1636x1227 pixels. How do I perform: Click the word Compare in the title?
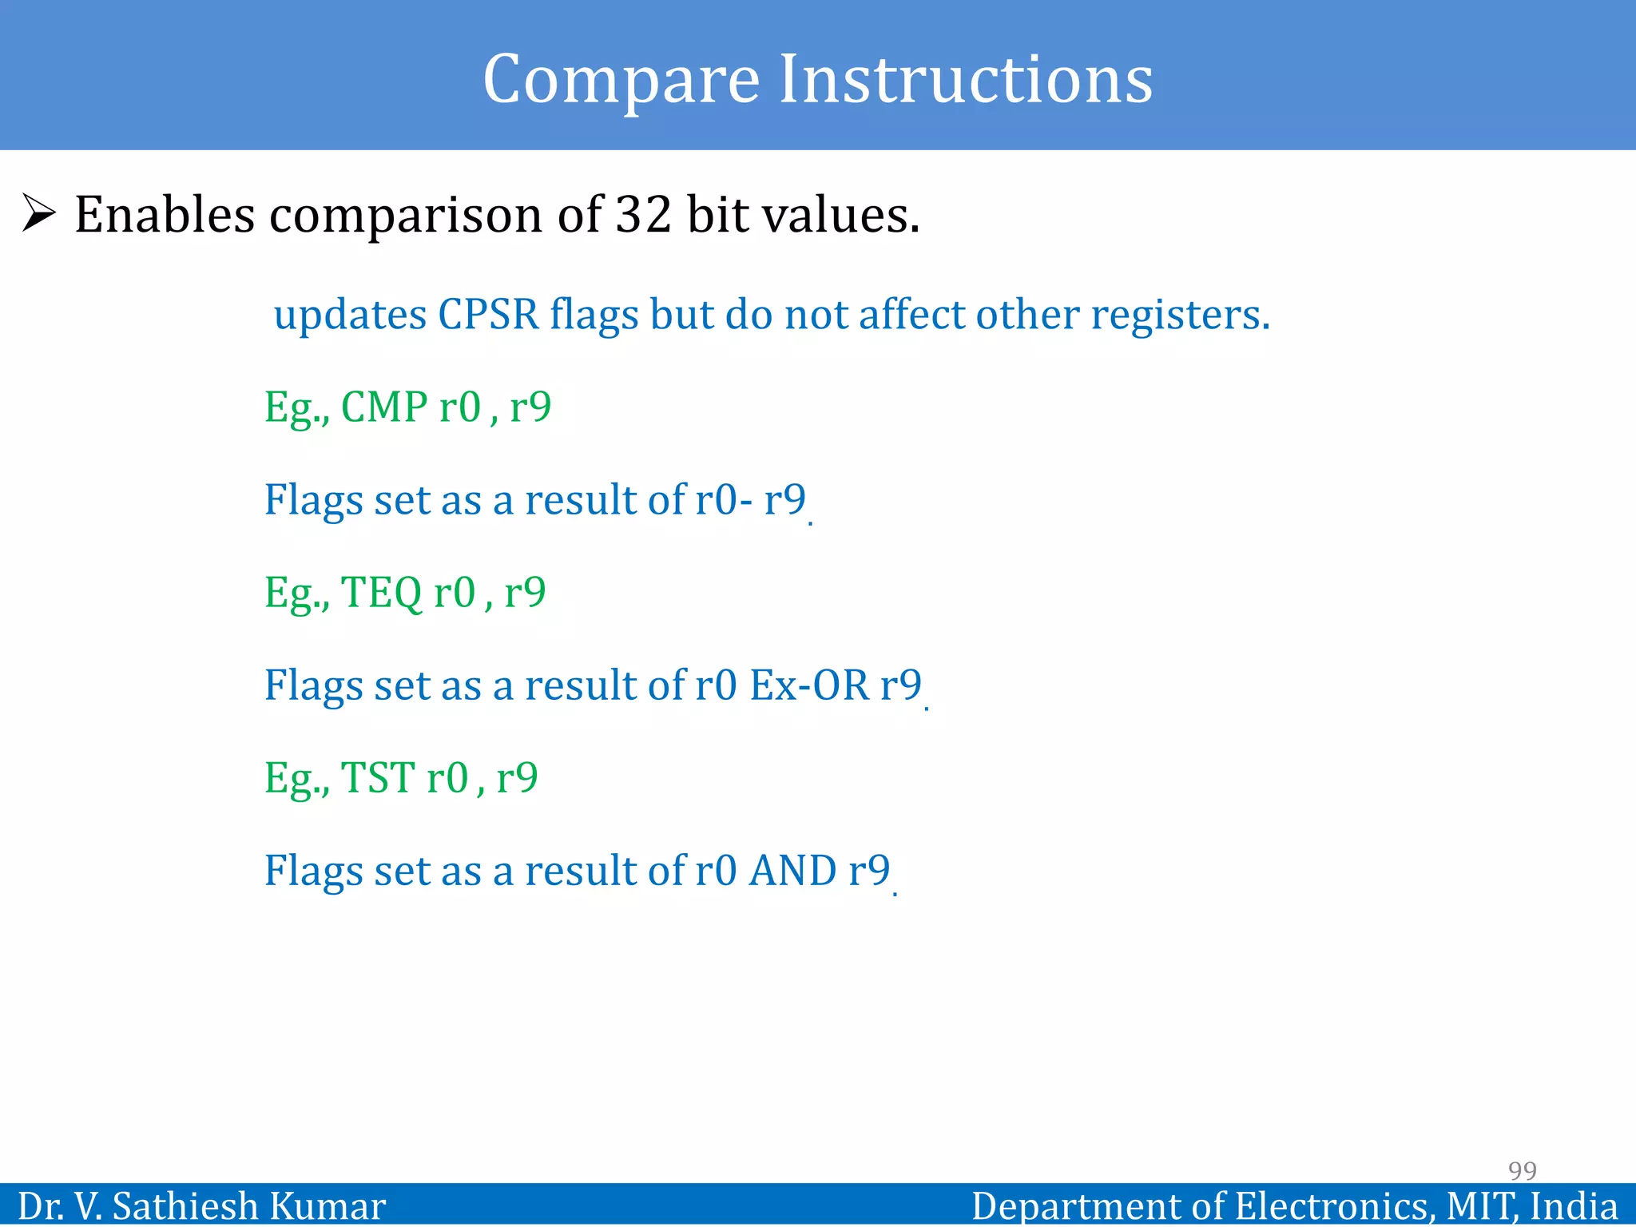tap(621, 80)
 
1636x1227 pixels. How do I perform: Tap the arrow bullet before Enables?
tap(38, 214)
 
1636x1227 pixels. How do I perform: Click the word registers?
tap(1179, 314)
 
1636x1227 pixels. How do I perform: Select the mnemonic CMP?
tap(384, 407)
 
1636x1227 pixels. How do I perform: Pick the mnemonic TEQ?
tap(381, 593)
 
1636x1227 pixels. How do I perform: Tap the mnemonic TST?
tap(378, 777)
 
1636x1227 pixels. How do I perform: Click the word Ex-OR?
tap(808, 685)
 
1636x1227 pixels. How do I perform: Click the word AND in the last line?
tap(792, 870)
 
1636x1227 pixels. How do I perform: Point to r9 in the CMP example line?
tap(530, 407)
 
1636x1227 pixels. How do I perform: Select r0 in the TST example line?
tap(447, 777)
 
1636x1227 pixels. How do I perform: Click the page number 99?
tap(1522, 1170)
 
